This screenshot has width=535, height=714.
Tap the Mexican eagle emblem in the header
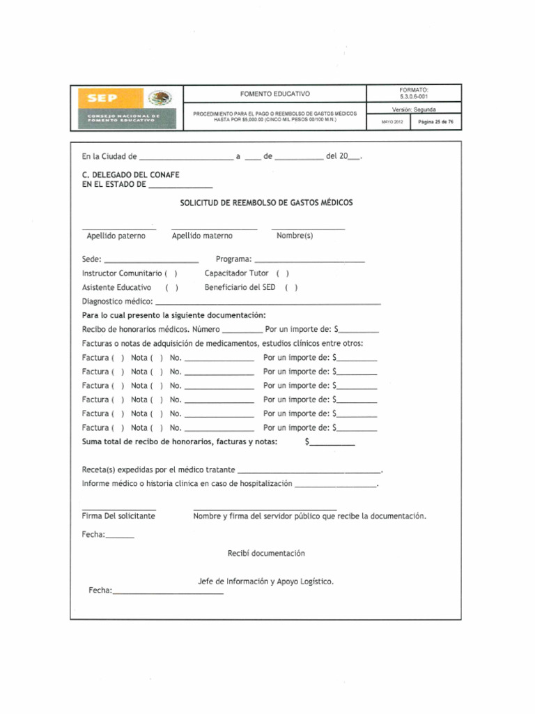(160, 98)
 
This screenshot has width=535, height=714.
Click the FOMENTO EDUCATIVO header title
(275, 93)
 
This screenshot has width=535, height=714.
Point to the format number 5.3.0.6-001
(414, 97)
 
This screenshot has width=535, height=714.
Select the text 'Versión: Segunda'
(414, 109)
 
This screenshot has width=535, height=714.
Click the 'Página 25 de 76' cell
(435, 122)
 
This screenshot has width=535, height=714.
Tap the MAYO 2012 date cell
(391, 122)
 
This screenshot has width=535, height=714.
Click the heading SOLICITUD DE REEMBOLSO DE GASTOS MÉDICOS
(267, 203)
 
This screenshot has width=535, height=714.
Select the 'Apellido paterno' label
(116, 236)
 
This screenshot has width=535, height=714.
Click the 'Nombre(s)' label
(295, 236)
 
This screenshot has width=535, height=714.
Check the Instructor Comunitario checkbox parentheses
(171, 274)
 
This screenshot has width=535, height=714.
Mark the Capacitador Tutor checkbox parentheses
(282, 274)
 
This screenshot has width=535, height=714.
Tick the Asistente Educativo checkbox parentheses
(171, 288)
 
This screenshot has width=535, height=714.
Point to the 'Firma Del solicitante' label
(119, 517)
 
